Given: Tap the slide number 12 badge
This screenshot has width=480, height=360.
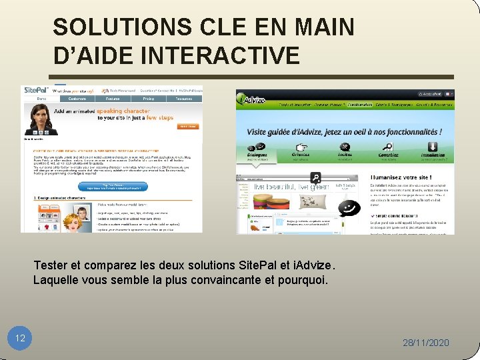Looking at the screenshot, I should point(20,338).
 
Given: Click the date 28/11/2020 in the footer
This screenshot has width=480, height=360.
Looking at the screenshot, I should point(426,343).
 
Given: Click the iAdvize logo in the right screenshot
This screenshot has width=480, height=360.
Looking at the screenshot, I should point(252,101).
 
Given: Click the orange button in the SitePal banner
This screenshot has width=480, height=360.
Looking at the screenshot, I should point(189,126).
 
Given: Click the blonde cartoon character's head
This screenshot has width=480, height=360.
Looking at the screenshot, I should point(83,214).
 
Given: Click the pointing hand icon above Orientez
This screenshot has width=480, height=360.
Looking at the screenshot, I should point(301,147).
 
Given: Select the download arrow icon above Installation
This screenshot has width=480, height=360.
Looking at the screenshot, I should point(432,147).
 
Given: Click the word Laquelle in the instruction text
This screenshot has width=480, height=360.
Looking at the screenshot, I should point(55,280).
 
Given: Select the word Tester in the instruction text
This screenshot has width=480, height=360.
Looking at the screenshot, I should point(49,265).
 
